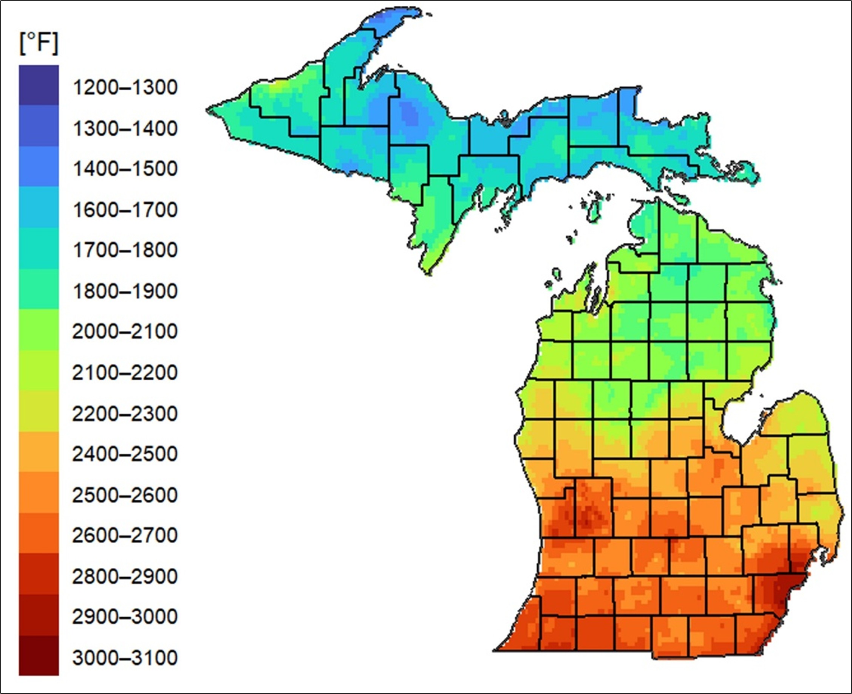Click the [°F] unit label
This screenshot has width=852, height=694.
(39, 43)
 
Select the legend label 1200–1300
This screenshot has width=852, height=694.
(125, 88)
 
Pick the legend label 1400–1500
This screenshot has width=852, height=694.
(125, 169)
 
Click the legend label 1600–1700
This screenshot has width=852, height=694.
(125, 210)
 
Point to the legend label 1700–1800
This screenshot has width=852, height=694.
(125, 250)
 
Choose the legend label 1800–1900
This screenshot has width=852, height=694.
(125, 291)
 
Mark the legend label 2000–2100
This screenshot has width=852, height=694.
(125, 332)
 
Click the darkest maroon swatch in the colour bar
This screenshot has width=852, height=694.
(39, 655)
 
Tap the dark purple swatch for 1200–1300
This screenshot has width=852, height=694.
(39, 85)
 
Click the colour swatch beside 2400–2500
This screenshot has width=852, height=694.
(39, 452)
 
